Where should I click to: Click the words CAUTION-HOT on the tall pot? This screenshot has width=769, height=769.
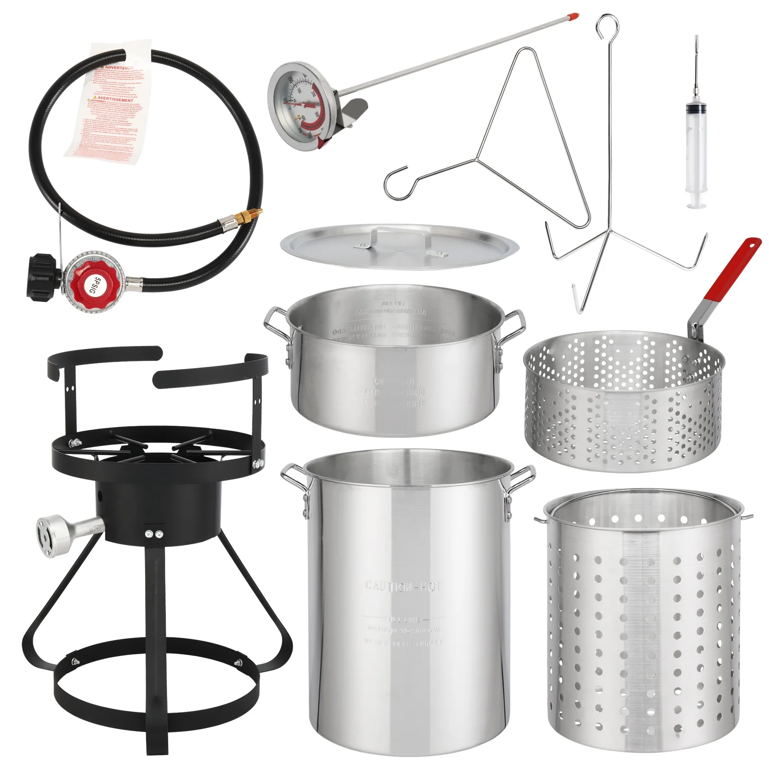[403, 586]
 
